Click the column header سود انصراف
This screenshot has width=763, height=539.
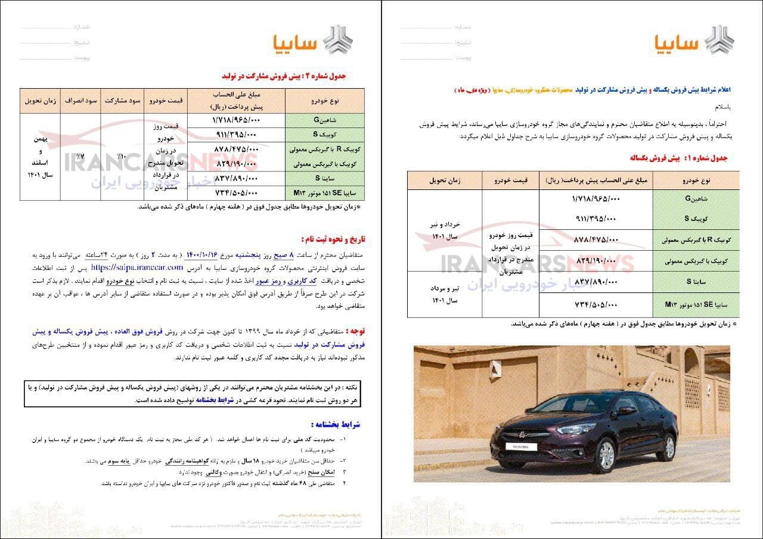point(81,100)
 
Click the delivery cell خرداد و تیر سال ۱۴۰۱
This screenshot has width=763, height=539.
point(445,230)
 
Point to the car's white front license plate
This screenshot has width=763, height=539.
point(521,446)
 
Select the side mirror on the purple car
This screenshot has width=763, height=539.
point(626,410)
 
